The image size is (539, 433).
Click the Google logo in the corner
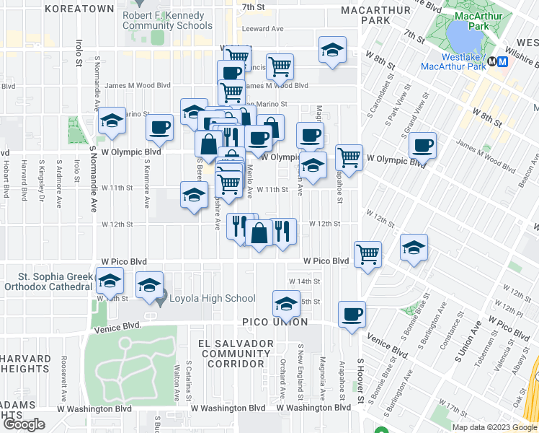coord(24,424)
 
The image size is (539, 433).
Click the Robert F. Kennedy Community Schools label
coord(167,20)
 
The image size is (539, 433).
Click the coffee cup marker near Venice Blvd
coord(352,315)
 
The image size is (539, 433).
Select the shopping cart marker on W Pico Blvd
coord(367,253)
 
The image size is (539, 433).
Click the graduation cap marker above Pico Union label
coord(286,304)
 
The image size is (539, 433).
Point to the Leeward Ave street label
coord(263,30)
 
